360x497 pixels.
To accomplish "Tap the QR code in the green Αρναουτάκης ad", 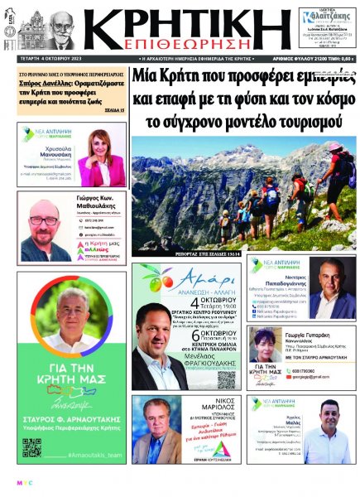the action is click(x=31, y=448).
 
